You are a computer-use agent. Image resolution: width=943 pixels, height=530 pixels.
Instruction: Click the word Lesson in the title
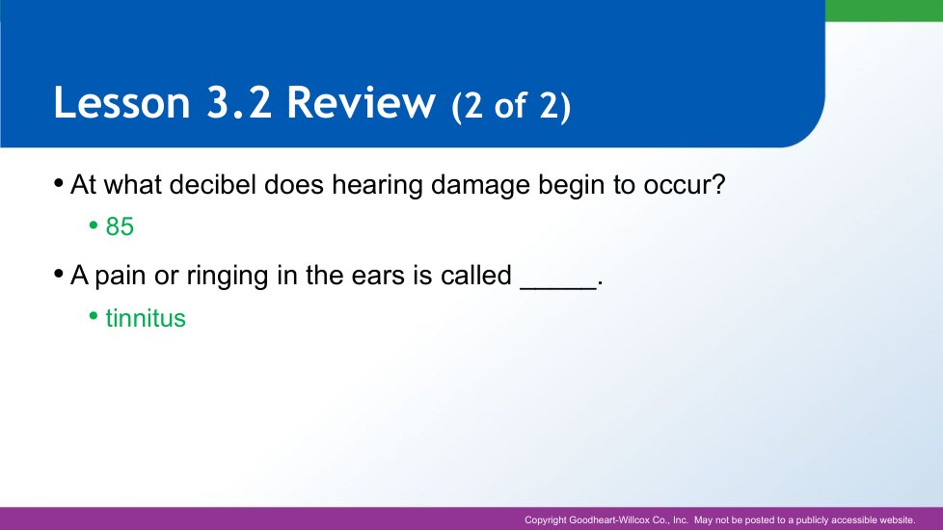click(x=122, y=102)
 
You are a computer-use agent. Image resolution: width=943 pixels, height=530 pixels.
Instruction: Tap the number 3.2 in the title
click(x=239, y=102)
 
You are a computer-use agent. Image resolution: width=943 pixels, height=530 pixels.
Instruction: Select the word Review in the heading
click(x=361, y=102)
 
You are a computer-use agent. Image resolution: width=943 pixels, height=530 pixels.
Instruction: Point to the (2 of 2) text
click(x=511, y=106)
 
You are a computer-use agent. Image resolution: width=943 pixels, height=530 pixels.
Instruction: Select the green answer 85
click(x=120, y=227)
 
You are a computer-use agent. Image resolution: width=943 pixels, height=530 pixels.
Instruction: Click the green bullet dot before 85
click(x=94, y=225)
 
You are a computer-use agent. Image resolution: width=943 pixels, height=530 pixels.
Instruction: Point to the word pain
click(x=121, y=277)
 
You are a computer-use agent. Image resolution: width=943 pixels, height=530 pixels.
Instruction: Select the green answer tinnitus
click(x=146, y=318)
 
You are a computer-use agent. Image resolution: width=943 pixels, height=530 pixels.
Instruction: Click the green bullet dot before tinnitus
click(x=94, y=315)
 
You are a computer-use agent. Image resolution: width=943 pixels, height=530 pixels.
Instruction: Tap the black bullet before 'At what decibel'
click(x=59, y=183)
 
